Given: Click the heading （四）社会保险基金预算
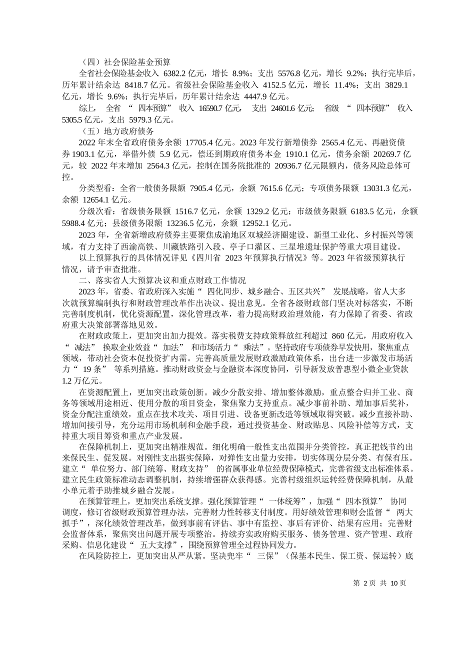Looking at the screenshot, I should click(125, 62).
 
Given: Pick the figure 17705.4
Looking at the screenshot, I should click(201, 142).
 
